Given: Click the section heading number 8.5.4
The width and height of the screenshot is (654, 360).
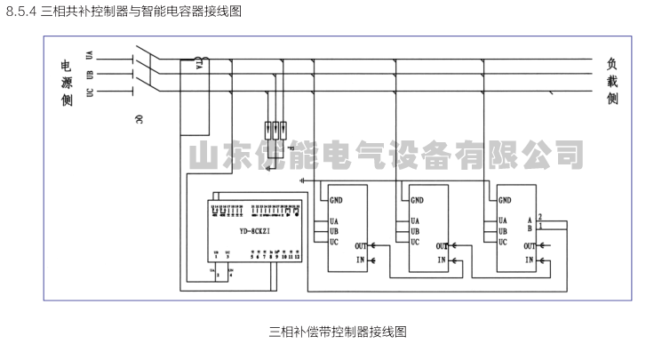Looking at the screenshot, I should point(21,11).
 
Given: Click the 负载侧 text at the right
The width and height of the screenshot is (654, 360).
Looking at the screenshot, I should point(612,81).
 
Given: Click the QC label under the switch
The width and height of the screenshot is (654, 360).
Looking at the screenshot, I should point(139,118).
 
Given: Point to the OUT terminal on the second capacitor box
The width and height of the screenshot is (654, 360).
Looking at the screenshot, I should point(441,246).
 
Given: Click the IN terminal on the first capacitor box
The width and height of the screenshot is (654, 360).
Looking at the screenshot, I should point(360,260).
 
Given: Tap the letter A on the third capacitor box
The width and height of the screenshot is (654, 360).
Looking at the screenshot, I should point(530,220).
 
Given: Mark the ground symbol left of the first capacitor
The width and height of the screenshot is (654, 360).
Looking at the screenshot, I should point(305,180).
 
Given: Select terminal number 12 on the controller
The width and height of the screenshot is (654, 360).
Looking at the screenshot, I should point(298,256).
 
